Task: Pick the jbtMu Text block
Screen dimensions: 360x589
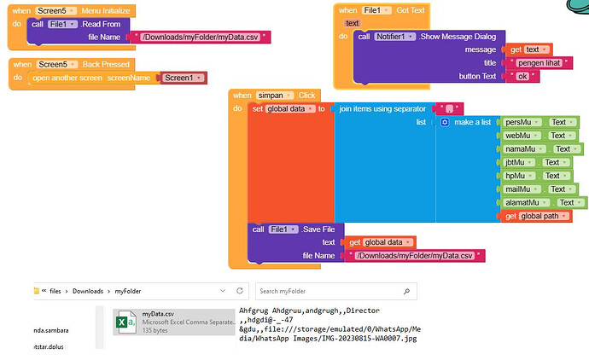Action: [538, 162]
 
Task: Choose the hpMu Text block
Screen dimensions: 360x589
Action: [537, 176]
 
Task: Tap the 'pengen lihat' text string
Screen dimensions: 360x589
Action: [536, 63]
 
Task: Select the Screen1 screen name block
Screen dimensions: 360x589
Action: [183, 78]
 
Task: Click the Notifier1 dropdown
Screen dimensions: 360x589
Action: [395, 37]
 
